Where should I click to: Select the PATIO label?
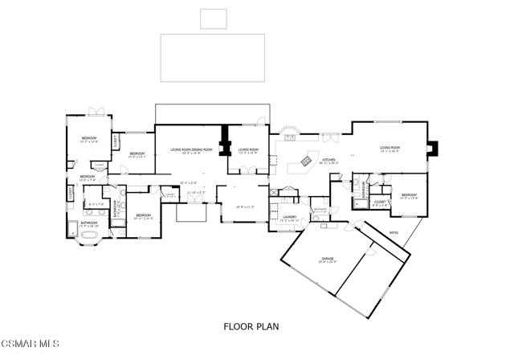point(394,233)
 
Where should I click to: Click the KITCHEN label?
point(329,161)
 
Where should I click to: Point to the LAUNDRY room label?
point(289,217)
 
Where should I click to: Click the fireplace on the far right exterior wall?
point(434,148)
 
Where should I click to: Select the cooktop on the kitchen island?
point(306,162)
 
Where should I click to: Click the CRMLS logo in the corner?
point(31,345)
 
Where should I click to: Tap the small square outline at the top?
point(213,18)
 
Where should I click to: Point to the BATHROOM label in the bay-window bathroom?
point(88,223)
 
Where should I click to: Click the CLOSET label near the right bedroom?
point(379,203)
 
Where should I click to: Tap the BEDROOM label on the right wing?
point(409,194)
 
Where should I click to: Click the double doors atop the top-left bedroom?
point(96,111)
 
